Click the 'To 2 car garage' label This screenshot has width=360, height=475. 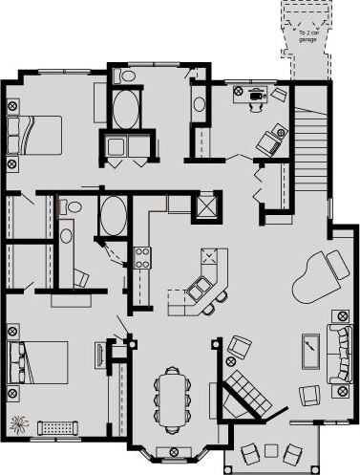coord(308,35)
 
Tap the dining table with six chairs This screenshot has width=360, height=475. coord(173,398)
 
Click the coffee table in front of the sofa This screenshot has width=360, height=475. coord(310,350)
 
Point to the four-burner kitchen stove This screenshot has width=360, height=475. coord(141,256)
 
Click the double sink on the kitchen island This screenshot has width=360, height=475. coord(201,287)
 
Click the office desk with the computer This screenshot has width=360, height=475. coord(256,93)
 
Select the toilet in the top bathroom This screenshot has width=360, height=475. coord(126,76)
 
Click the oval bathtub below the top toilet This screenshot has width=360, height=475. coord(126,110)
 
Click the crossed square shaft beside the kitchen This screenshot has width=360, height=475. coord(205,205)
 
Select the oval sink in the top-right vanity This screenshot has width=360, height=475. coord(199,104)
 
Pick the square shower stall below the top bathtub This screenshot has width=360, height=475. coord(126,148)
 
